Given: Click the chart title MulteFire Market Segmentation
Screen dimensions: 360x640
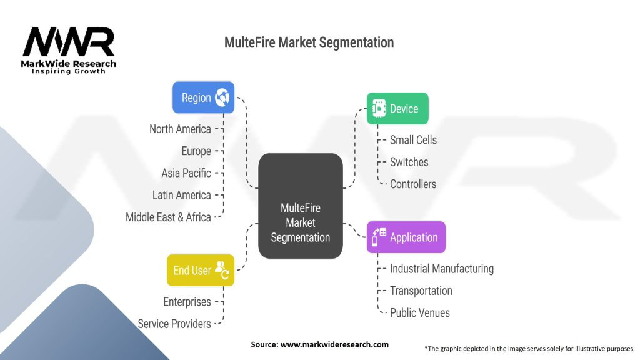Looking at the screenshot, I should (309, 43).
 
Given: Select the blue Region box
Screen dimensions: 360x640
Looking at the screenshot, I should (203, 97).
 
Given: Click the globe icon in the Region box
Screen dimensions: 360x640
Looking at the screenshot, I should (222, 97).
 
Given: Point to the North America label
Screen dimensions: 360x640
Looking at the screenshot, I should (180, 129).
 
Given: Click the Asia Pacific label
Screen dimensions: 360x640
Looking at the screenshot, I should (186, 172).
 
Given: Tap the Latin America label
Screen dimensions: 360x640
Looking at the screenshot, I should (182, 195).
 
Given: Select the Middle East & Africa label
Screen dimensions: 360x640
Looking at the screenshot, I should (168, 217).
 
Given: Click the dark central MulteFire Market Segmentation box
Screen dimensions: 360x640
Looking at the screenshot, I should (301, 206).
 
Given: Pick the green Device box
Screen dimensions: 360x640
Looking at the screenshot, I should (397, 109).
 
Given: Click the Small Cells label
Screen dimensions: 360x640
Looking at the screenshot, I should (413, 139).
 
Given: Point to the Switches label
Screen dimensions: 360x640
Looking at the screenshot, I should (409, 162).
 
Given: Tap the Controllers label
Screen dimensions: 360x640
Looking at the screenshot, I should (413, 184).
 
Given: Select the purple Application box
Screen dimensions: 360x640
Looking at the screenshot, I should (406, 237).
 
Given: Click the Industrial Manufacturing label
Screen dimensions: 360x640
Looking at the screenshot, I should (441, 268).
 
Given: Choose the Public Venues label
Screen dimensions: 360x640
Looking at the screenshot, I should (419, 312).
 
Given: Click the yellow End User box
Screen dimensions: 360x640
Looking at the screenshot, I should (200, 270).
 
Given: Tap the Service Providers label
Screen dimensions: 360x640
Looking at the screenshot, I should (174, 324).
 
